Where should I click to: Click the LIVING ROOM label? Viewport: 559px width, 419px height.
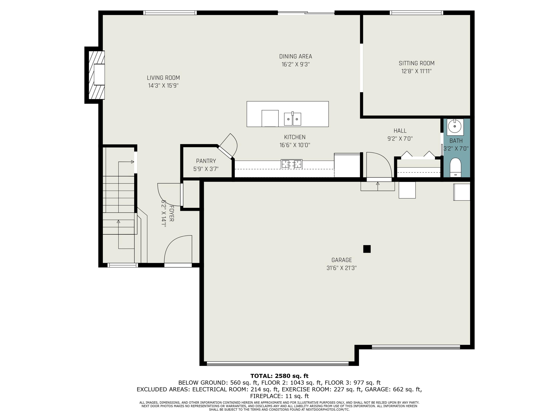point(163,78)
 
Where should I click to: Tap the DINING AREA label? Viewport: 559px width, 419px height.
point(295,56)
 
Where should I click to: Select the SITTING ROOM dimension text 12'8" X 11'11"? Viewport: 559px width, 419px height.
point(416,71)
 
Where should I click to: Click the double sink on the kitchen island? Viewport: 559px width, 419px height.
point(293,119)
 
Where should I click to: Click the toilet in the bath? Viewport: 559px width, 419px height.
point(455,167)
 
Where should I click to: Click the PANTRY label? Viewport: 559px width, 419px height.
point(206,161)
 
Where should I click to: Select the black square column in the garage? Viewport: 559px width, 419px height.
point(367,249)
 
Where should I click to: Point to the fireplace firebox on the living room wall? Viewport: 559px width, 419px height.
point(99,74)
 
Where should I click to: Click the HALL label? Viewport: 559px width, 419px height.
point(400,131)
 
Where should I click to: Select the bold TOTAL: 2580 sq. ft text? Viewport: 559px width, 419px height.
point(279,376)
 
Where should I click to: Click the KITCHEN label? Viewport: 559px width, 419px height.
point(295,137)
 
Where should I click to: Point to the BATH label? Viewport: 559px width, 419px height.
point(456,141)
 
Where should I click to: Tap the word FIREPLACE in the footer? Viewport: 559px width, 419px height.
point(265,396)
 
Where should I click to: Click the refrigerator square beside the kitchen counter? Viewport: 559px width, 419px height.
point(347,165)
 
